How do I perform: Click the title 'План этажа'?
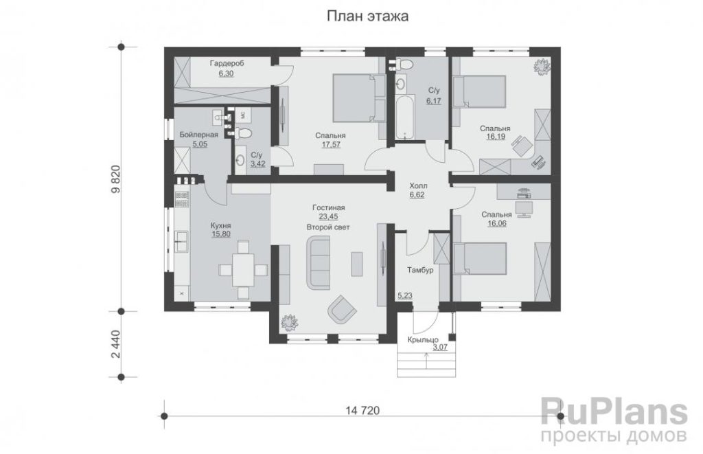click(367, 16)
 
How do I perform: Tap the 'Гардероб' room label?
click(227, 64)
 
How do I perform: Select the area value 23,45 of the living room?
click(328, 216)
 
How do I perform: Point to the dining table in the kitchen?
click(243, 270)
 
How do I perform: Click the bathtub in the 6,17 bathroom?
click(405, 117)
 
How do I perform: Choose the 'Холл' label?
click(418, 185)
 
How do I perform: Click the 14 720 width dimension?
click(362, 411)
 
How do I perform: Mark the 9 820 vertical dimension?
click(115, 179)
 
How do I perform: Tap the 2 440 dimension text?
click(115, 344)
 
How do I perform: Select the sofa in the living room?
click(318, 264)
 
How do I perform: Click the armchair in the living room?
click(342, 310)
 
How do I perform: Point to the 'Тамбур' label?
click(420, 271)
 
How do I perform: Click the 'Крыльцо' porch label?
click(423, 339)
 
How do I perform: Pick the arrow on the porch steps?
click(426, 359)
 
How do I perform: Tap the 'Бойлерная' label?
click(198, 135)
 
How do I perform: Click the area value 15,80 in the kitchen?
click(220, 234)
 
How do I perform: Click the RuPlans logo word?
click(614, 412)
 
